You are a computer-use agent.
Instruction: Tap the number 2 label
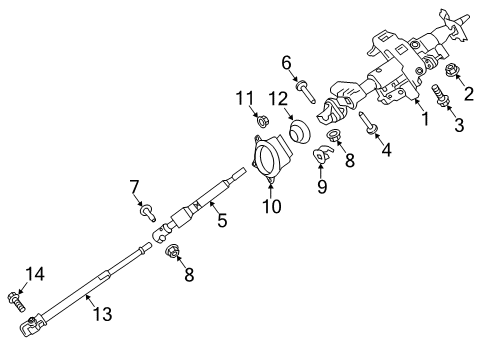466,94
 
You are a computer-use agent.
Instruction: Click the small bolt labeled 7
149,212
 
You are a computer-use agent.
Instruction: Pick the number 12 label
278,97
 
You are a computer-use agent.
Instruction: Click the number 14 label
35,273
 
